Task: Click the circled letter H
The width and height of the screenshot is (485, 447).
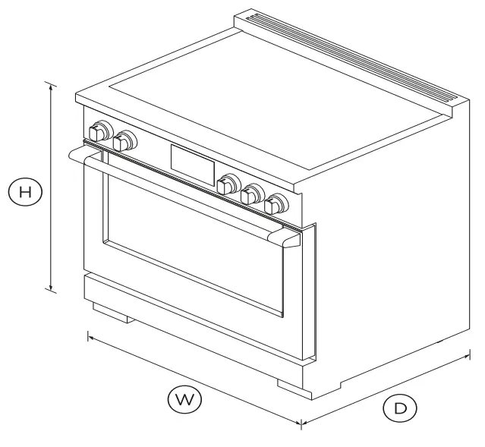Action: click(26, 191)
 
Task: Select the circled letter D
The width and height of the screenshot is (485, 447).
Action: click(399, 408)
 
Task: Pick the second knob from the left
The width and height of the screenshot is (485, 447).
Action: click(124, 140)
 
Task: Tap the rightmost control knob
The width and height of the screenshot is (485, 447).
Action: click(277, 203)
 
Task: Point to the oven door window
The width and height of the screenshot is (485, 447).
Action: click(194, 243)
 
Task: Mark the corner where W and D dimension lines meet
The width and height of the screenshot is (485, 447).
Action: click(302, 423)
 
